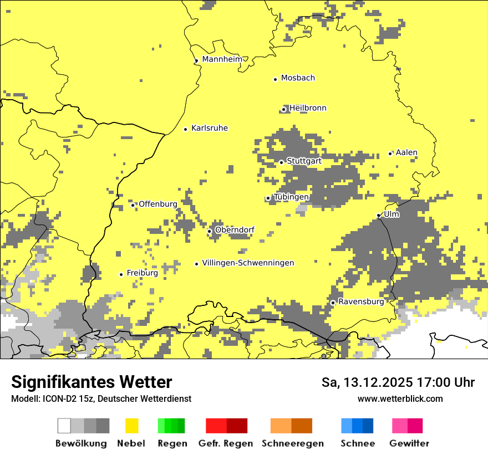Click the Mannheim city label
point(222,59)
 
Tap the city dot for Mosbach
point(275,79)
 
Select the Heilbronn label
point(308,108)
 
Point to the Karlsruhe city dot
point(186,129)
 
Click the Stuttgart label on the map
point(304,161)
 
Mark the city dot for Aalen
point(390,154)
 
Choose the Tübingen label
point(291,197)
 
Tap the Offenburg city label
point(158,204)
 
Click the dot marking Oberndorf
point(209,231)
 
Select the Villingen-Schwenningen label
point(248,263)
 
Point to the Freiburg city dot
point(121,274)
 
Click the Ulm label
point(392,214)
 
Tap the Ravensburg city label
point(361,302)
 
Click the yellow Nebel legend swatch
point(132,426)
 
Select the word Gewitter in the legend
point(409,443)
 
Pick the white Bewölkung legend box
point(64,426)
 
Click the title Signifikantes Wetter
point(91,382)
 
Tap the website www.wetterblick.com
point(400,398)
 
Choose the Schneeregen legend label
point(293,443)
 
